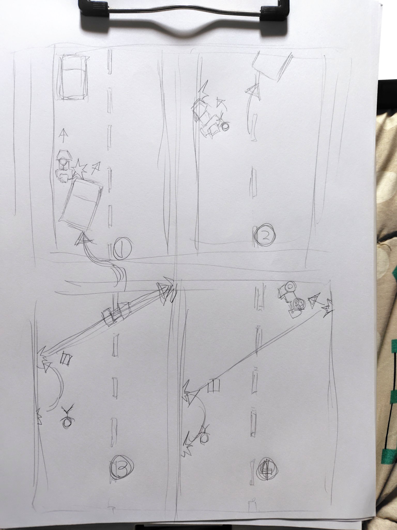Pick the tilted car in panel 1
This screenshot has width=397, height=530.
[x=81, y=201]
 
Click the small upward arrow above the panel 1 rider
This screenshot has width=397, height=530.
[x=62, y=136]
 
